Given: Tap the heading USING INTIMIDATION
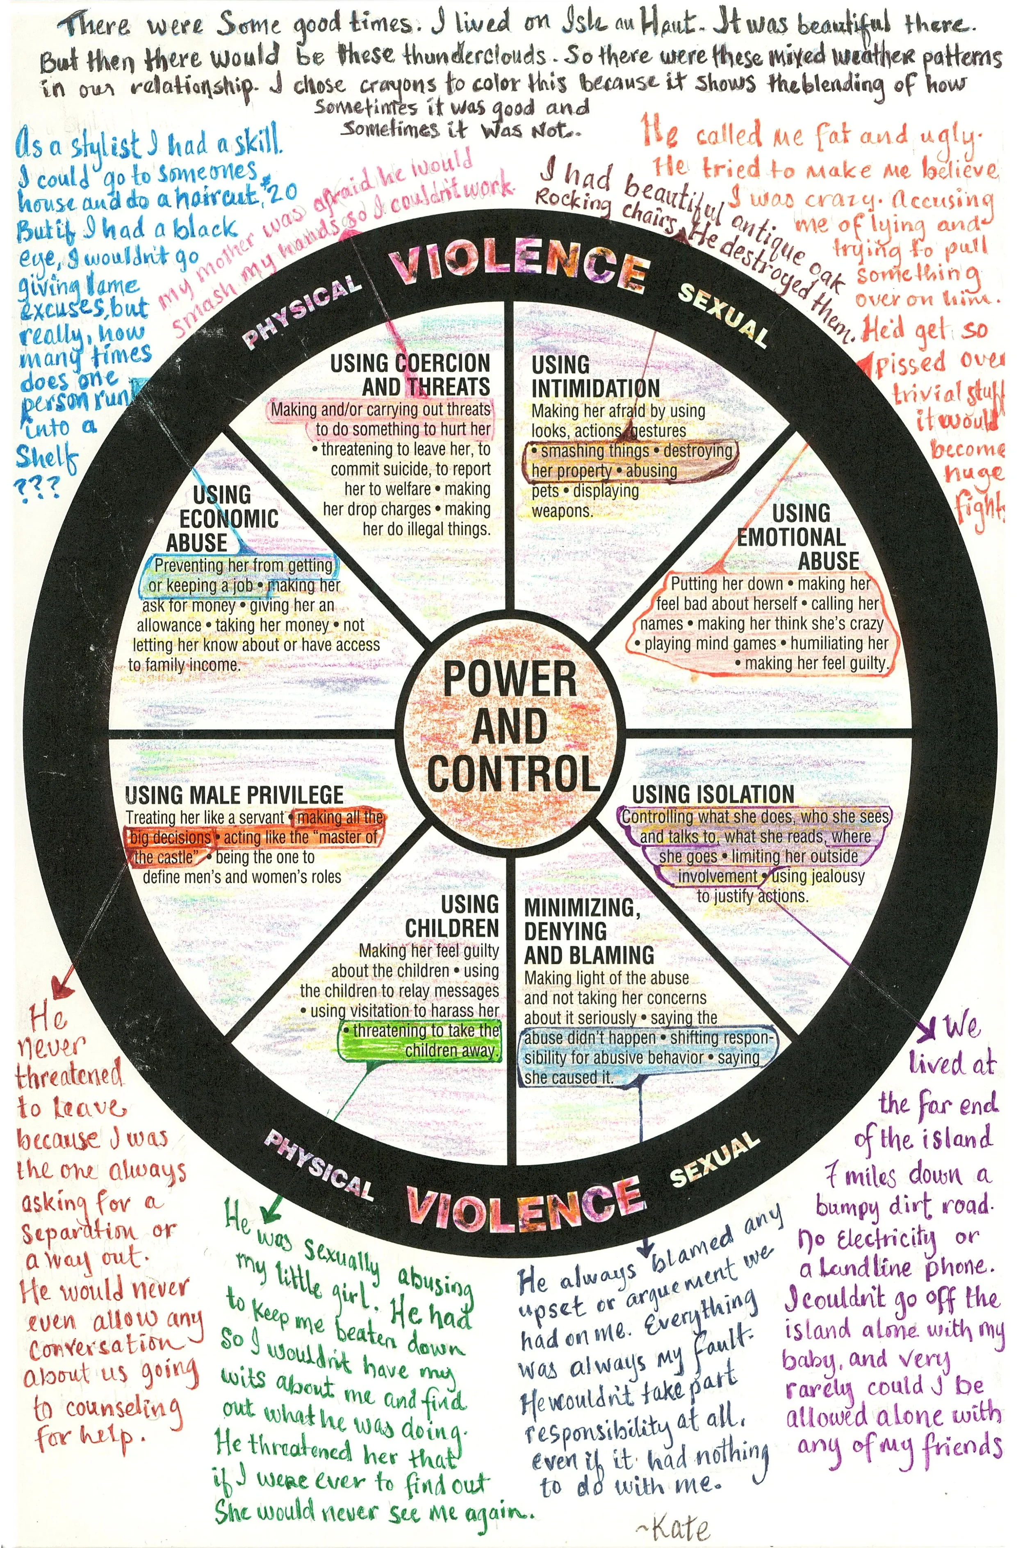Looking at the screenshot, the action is point(595,376).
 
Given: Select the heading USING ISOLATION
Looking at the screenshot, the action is point(713,794).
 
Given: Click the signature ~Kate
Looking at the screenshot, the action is point(671,1528).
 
